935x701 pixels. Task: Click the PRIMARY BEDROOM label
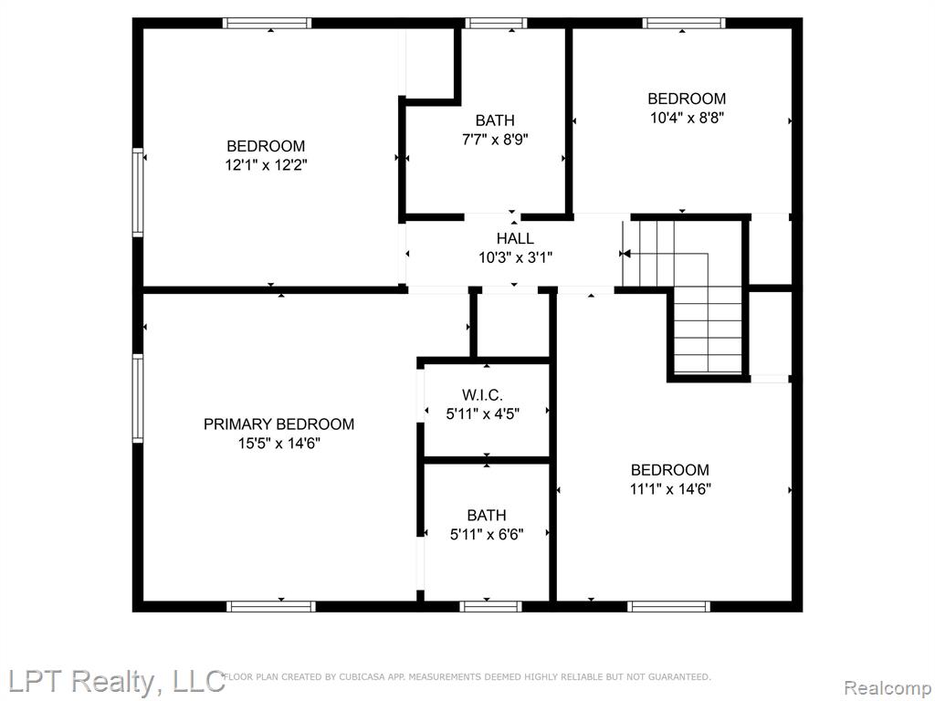tap(279, 424)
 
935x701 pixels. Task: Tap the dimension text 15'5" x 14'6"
tap(279, 444)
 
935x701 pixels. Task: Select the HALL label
tap(515, 239)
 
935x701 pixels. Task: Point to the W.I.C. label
tap(482, 394)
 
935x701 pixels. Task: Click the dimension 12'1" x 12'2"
tap(266, 165)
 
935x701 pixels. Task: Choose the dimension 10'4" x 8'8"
tap(687, 118)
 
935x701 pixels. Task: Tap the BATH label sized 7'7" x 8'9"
tap(495, 120)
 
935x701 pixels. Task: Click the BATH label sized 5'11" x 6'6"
tap(487, 515)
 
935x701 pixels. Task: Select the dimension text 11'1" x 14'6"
tap(670, 489)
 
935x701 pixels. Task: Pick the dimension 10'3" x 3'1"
tap(515, 258)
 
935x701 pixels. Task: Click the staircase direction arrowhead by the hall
tap(625, 254)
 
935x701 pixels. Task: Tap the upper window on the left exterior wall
tap(138, 193)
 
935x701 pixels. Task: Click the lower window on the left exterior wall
tap(138, 398)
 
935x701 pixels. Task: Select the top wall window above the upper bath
tap(496, 23)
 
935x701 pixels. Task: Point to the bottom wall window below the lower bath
tap(490, 607)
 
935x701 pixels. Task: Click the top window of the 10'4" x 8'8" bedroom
tap(684, 23)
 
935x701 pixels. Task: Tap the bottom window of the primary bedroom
tap(271, 607)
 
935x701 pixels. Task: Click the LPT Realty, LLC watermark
tap(112, 681)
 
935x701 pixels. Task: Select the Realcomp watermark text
tap(888, 688)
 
